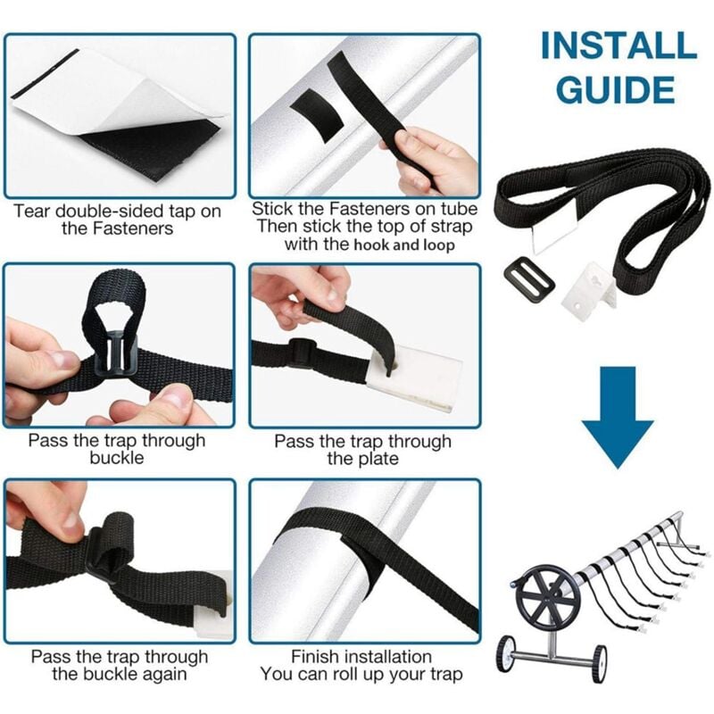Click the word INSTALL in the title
click(618, 46)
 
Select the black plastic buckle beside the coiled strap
click(528, 279)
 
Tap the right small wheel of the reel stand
click(599, 664)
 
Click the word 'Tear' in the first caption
click(32, 212)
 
